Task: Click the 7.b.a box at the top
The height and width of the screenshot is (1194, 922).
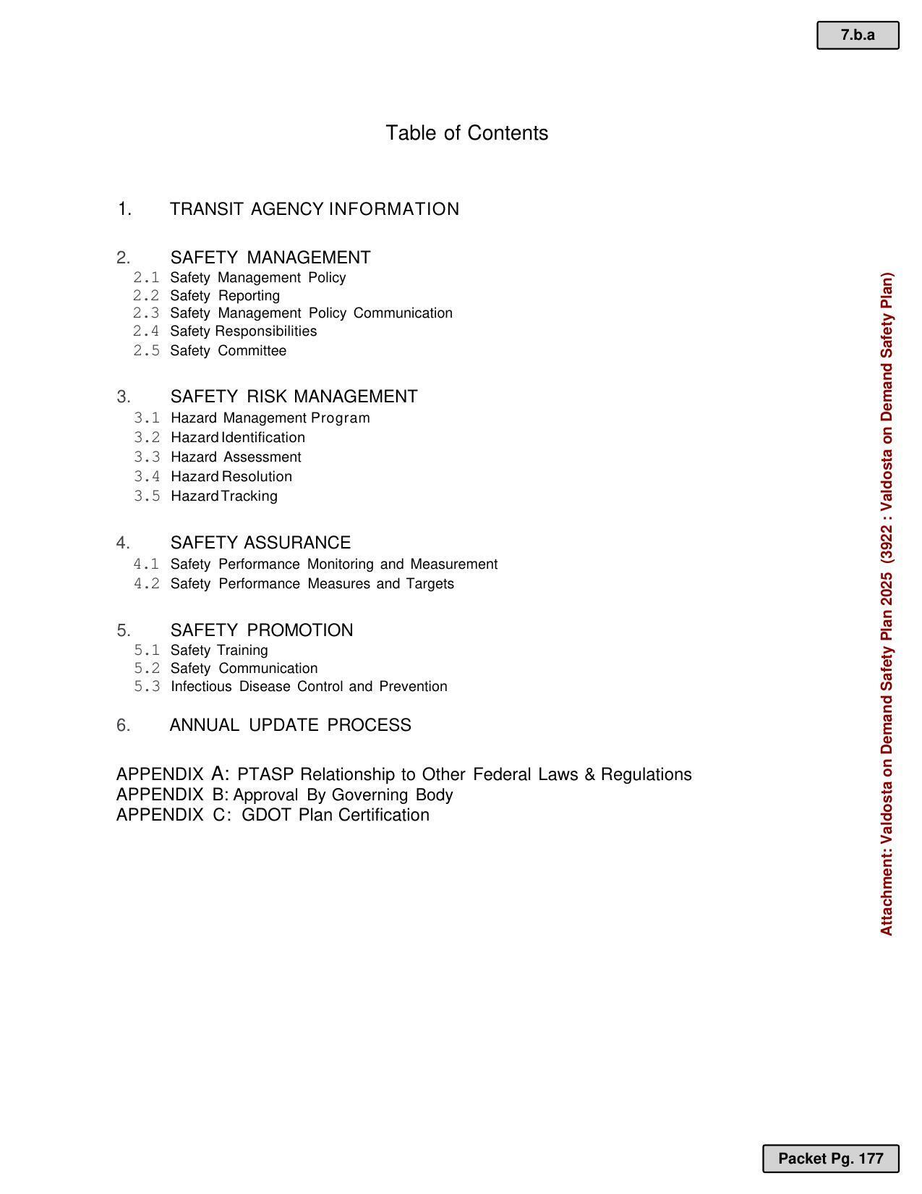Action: (858, 35)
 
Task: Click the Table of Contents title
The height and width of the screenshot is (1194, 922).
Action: (466, 133)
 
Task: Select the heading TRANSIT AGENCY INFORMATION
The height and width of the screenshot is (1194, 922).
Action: (314, 209)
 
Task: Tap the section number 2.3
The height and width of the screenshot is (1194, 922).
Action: (146, 313)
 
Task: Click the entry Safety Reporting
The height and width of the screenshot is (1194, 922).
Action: (225, 296)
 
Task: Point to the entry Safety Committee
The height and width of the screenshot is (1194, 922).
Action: (228, 351)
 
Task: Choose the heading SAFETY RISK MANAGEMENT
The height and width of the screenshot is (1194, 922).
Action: (294, 397)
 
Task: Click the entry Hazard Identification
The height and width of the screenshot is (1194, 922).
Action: (238, 438)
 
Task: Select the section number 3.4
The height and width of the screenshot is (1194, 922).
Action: (147, 477)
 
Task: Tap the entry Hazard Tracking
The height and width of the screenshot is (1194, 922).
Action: (224, 496)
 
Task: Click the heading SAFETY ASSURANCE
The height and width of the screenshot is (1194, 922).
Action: (260, 543)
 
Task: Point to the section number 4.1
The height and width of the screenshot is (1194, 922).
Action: (146, 564)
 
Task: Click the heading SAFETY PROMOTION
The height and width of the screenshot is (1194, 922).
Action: (262, 630)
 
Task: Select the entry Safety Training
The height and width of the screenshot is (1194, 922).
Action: (219, 651)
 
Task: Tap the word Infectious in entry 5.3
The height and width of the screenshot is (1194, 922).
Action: (201, 687)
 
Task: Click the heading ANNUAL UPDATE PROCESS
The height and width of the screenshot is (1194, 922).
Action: (290, 725)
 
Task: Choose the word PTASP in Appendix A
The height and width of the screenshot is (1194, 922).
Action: (265, 775)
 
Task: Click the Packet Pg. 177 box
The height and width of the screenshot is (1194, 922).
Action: (830, 1159)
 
